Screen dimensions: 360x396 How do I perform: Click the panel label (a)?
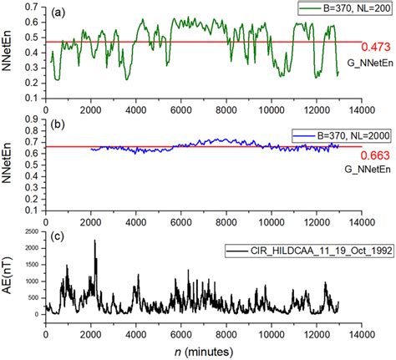[61, 13]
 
